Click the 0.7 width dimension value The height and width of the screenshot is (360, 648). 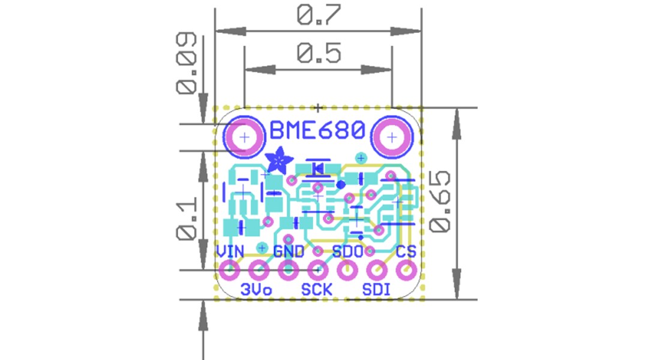318,16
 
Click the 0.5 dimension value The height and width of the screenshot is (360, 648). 319,54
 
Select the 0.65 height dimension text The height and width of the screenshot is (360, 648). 440,201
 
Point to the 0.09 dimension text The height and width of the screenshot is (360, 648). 187,63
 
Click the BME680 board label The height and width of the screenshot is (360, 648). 317,130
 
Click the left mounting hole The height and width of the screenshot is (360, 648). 244,137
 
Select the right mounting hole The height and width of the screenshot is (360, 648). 392,137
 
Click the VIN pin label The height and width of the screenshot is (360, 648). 230,251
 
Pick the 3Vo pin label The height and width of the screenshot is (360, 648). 256,290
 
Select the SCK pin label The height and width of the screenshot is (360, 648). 317,290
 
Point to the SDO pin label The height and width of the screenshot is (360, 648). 348,251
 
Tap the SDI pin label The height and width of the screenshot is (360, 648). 377,290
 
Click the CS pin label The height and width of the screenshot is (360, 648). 407,251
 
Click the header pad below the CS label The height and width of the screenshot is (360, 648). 406,271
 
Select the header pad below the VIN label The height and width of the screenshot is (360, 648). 230,271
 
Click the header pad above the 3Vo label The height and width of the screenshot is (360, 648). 259,271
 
